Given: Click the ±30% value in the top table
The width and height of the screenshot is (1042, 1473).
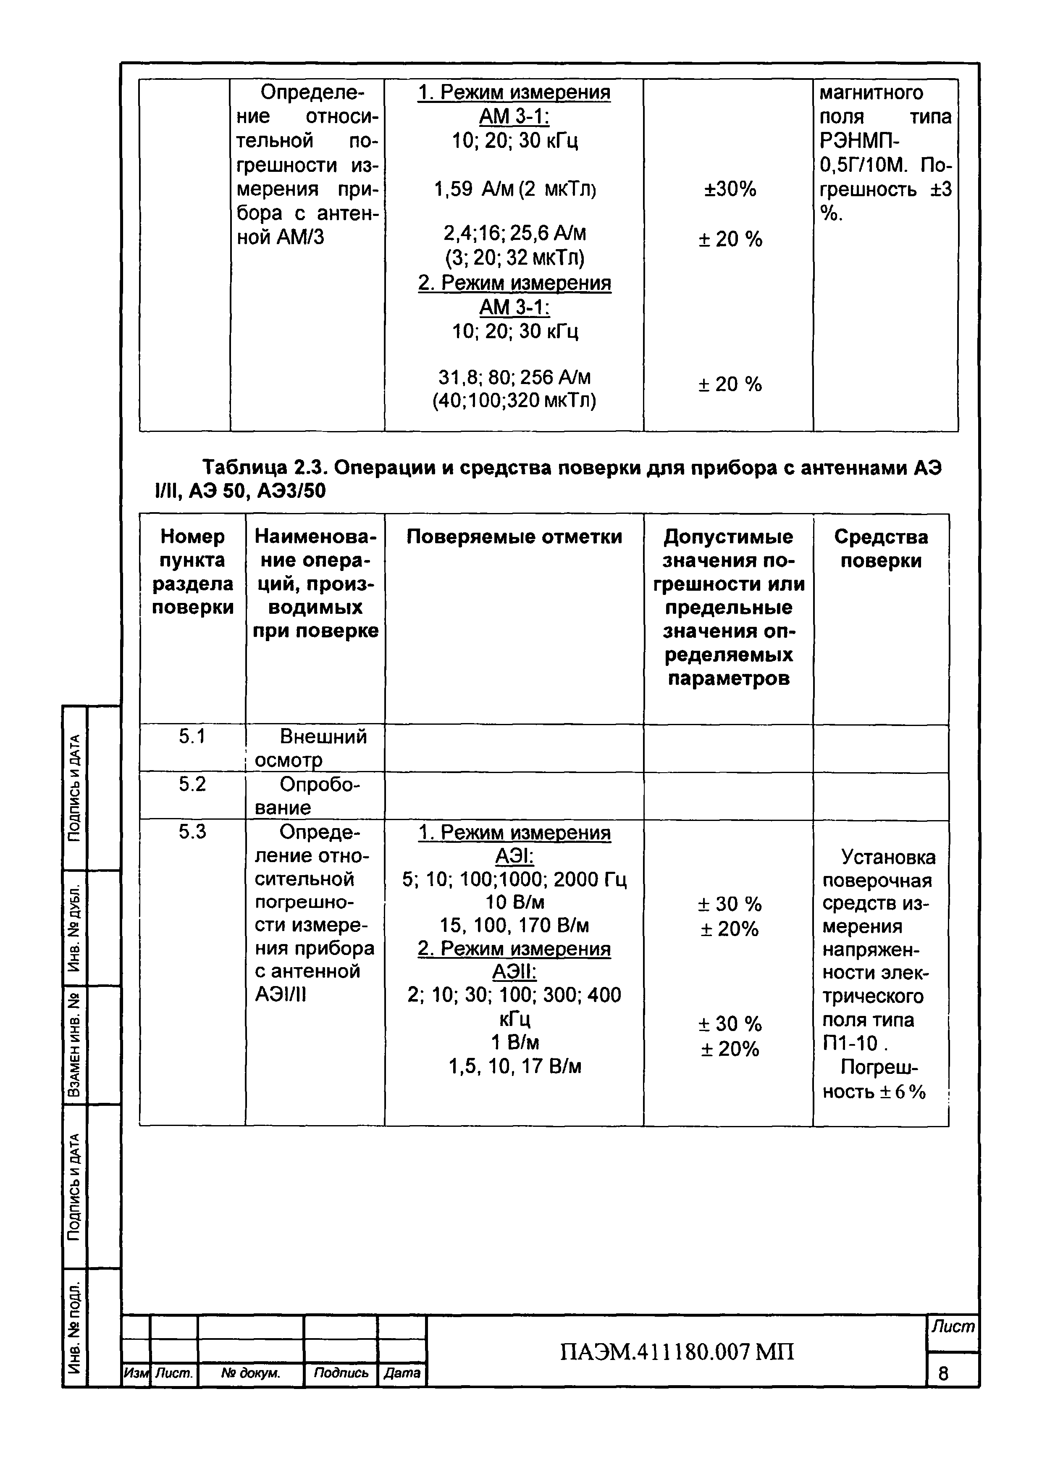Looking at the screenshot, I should pyautogui.click(x=730, y=189).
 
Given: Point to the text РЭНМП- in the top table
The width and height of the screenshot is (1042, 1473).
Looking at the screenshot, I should pyautogui.click(x=860, y=141).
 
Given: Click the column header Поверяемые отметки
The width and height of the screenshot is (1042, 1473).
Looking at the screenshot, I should pyautogui.click(x=514, y=537).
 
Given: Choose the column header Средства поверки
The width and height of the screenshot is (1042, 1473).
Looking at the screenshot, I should pyautogui.click(x=881, y=549).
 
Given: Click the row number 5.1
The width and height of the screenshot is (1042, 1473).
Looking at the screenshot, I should pyautogui.click(x=192, y=736).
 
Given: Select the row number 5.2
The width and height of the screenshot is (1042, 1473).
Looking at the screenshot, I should pyautogui.click(x=192, y=784).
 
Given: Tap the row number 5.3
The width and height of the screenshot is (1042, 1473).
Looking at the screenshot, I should pyautogui.click(x=192, y=832).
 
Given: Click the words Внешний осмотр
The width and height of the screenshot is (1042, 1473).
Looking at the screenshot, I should pyautogui.click(x=315, y=748).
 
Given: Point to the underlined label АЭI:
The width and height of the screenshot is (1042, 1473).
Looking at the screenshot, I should pyautogui.click(x=514, y=856).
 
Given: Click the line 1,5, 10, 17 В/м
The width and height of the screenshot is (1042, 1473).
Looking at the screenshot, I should pyautogui.click(x=514, y=1066).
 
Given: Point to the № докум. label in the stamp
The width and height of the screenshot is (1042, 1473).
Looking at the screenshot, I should pyautogui.click(x=250, y=1373).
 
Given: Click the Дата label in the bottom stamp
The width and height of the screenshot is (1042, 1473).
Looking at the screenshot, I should pyautogui.click(x=402, y=1373).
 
